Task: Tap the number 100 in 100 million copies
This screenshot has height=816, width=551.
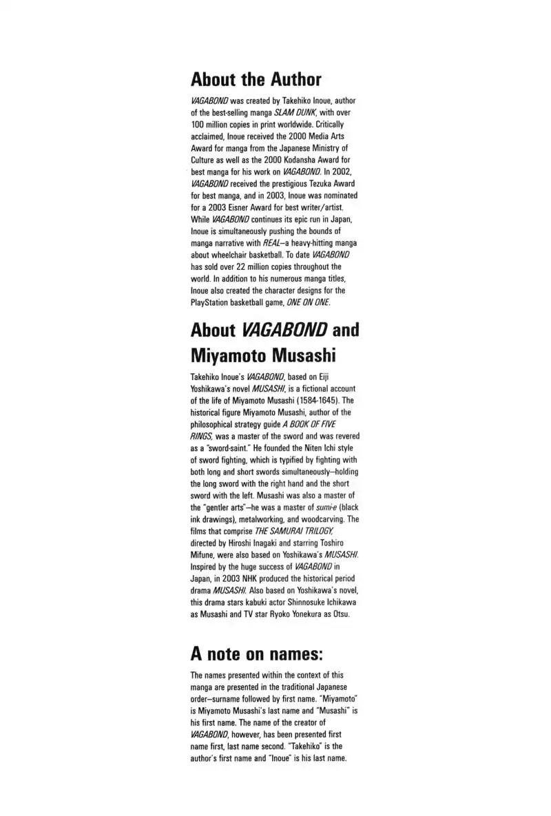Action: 198,125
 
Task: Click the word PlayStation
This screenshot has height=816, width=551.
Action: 211,302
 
